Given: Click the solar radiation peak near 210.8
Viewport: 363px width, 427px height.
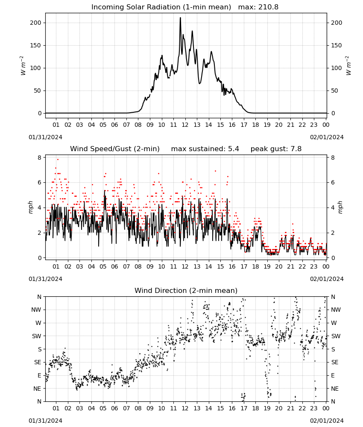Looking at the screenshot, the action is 180,18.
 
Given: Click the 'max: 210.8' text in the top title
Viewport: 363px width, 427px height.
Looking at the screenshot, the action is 258,7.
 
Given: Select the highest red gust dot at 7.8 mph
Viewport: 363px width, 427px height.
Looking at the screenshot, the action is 58,159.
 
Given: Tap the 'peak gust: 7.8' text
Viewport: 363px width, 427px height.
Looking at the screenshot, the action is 276,149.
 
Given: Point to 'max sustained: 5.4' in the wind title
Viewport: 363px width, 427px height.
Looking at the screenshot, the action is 205,149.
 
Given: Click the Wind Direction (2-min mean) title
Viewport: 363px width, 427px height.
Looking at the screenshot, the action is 186,290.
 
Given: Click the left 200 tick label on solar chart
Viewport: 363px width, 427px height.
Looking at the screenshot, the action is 35,23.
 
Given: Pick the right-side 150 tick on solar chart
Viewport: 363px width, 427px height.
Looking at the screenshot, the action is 337,46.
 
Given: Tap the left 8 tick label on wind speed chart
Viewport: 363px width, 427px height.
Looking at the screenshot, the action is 39,158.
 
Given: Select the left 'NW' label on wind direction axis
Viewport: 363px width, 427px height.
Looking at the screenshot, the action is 36,310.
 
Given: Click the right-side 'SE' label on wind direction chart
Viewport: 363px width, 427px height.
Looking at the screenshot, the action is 335,363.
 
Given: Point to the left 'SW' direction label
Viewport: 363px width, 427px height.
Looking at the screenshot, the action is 36,336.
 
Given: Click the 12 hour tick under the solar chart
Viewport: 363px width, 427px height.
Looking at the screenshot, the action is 185,125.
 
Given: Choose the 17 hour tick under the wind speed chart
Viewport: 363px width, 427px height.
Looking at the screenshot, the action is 244,266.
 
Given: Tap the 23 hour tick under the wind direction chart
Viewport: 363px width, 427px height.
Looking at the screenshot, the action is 314,409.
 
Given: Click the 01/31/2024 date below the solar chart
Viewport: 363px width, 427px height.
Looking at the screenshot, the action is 45,137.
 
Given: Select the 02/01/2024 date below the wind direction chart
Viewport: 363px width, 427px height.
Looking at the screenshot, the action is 327,421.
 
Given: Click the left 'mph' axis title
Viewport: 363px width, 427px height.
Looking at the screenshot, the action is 30,208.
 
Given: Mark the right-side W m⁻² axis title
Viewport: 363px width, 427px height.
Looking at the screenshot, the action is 348,66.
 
